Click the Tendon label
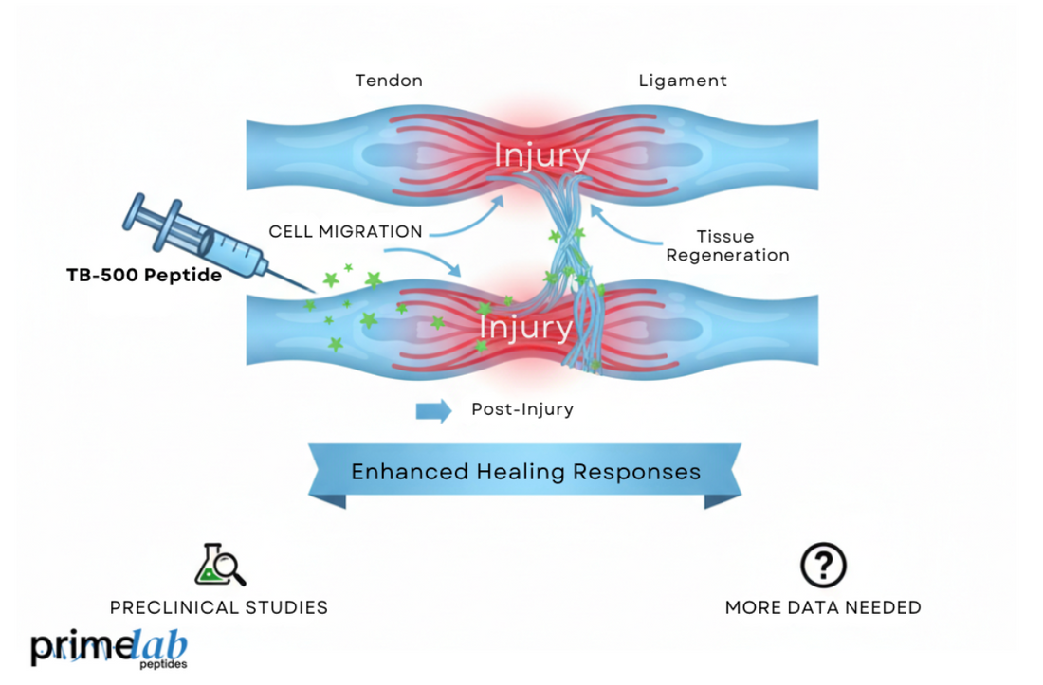(x=389, y=81)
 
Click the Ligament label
(x=683, y=81)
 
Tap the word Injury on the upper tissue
(x=541, y=154)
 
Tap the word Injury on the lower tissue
(x=525, y=328)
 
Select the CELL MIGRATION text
(x=345, y=231)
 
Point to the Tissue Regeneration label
(x=727, y=245)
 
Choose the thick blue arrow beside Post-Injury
(x=433, y=410)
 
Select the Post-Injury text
(x=522, y=410)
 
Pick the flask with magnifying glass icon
(x=220, y=565)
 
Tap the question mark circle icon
(x=823, y=565)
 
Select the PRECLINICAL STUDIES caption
(x=219, y=607)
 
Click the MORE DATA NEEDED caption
(x=823, y=607)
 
